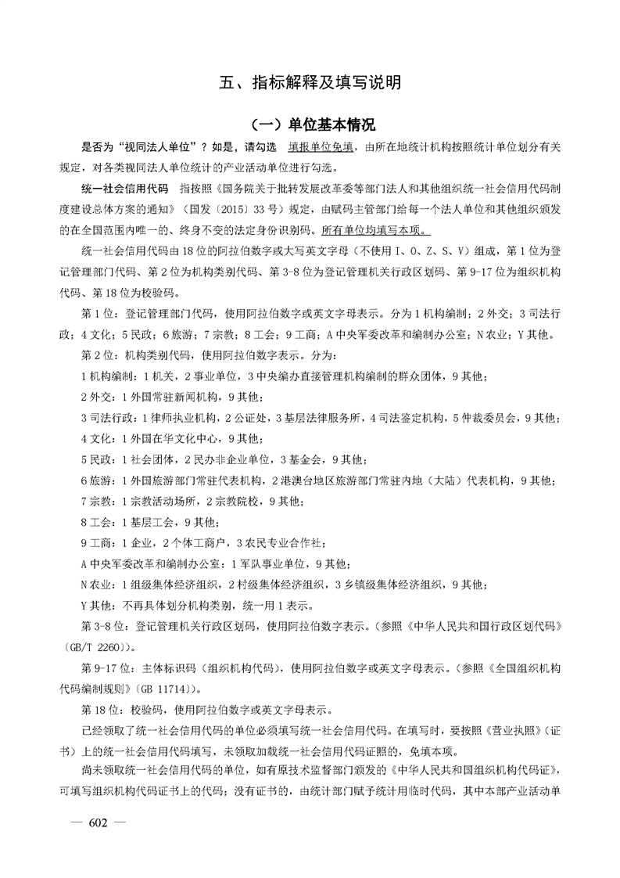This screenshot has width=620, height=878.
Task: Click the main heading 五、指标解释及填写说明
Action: click(x=310, y=81)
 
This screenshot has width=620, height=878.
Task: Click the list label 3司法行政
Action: click(x=104, y=416)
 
